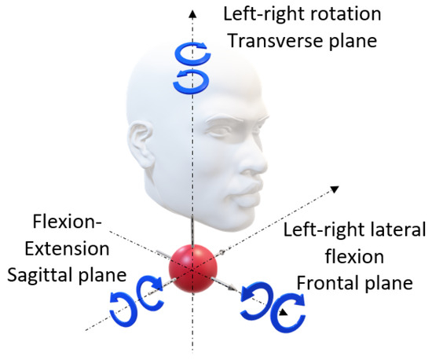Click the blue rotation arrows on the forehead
(x=189, y=66)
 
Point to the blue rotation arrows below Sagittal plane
(x=139, y=304)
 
